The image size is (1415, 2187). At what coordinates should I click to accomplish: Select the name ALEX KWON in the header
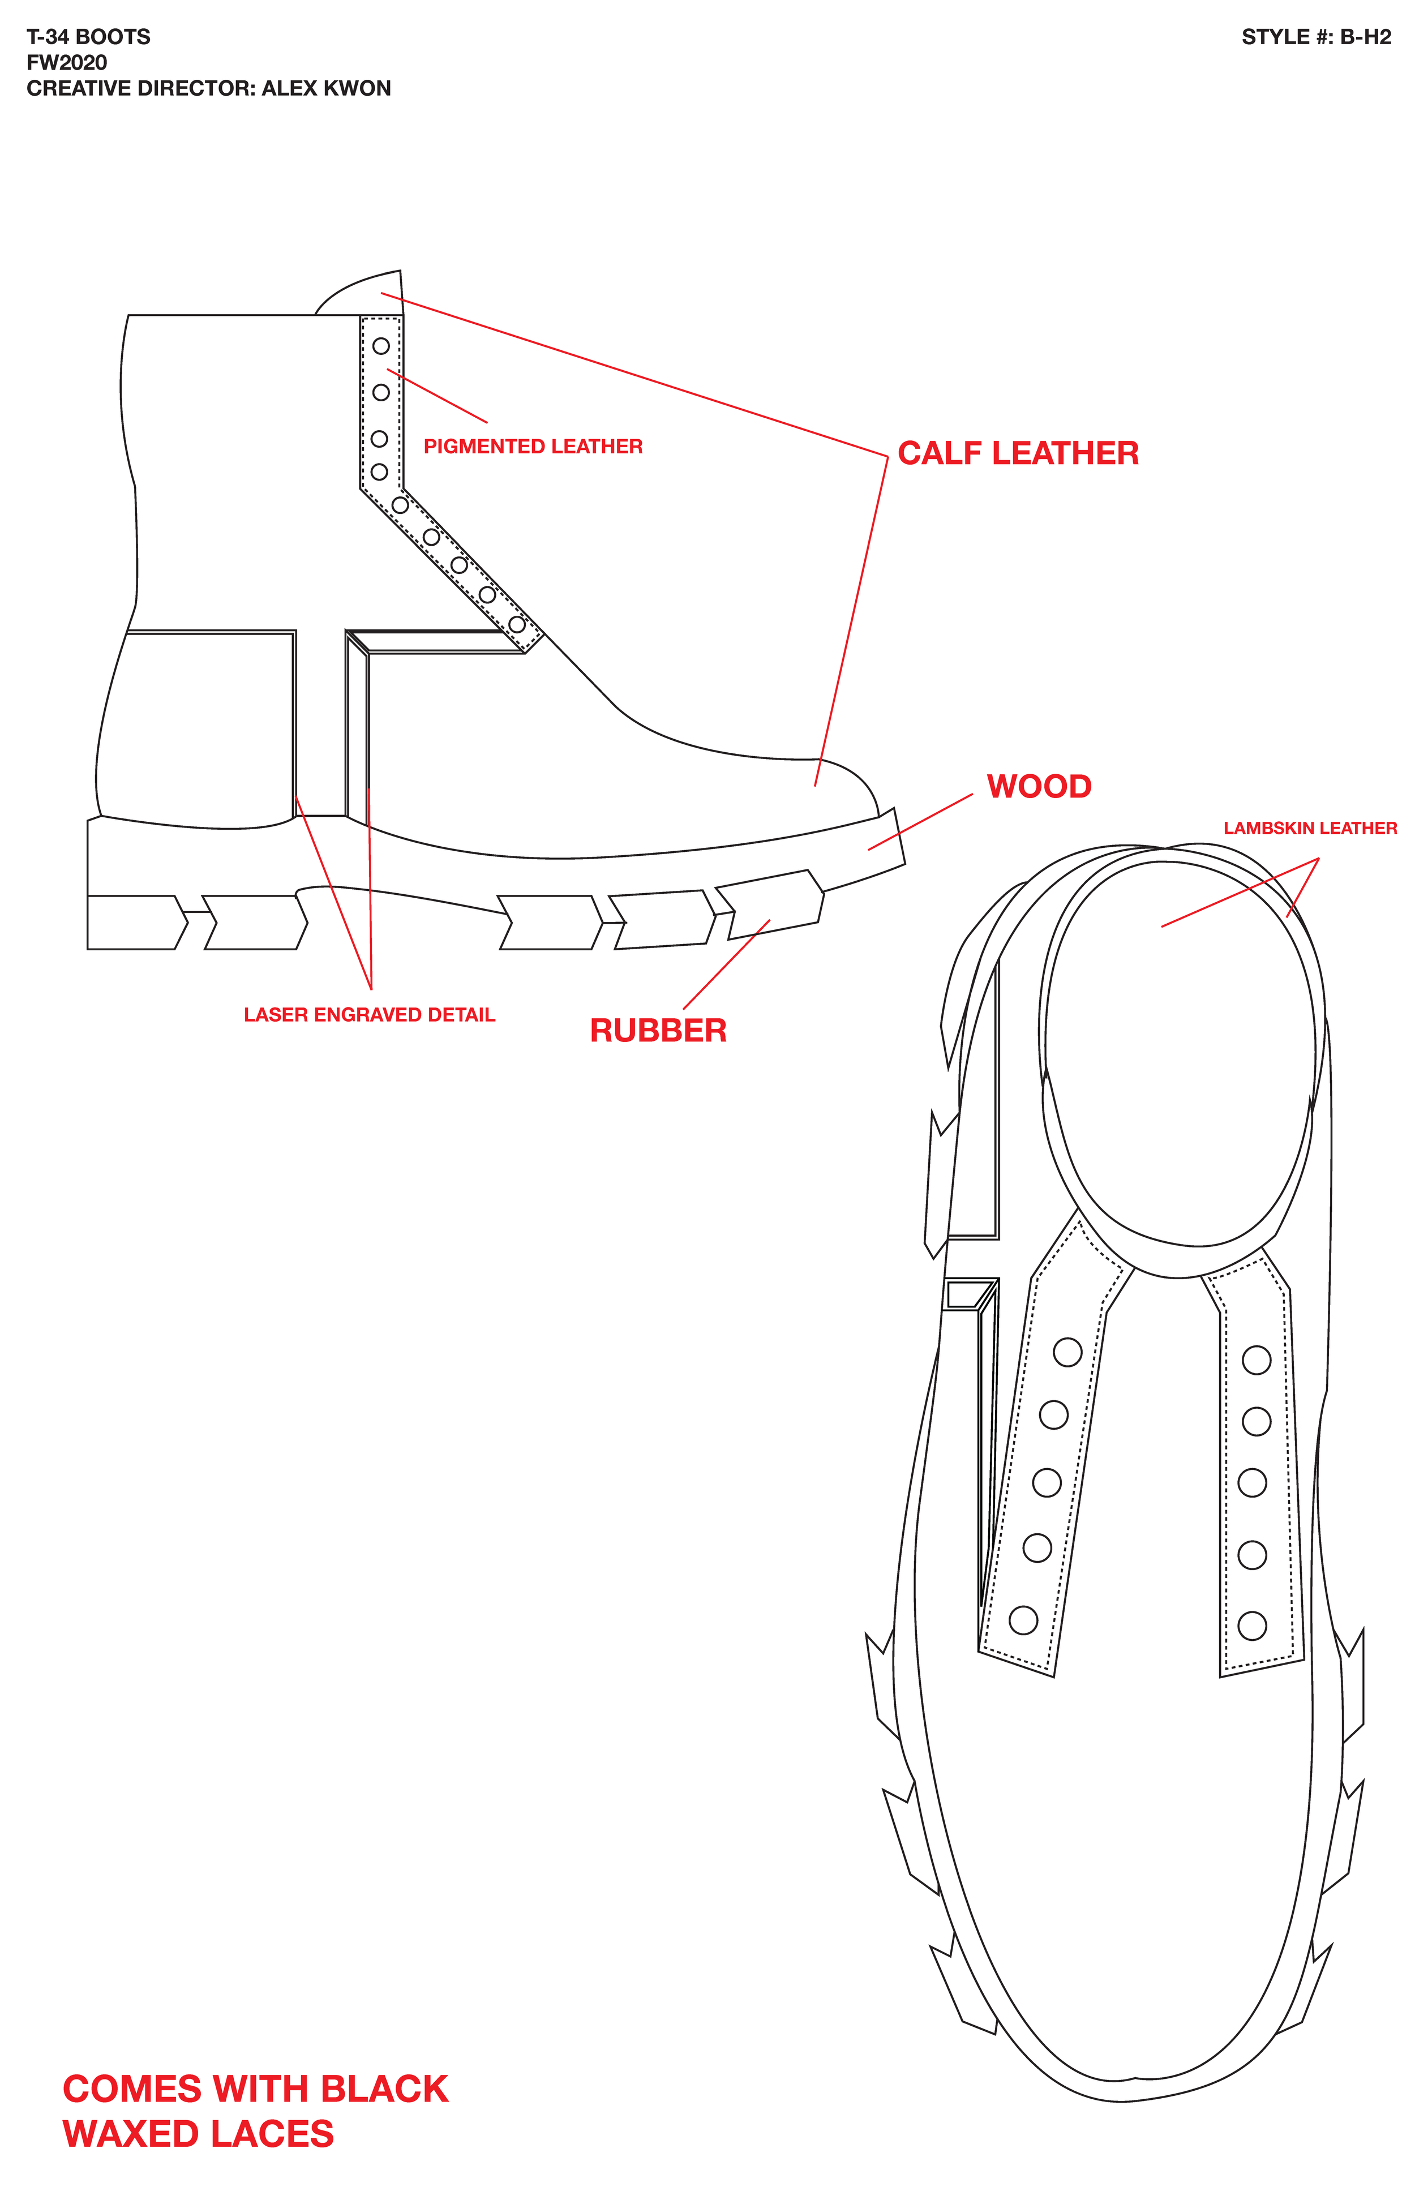(326, 88)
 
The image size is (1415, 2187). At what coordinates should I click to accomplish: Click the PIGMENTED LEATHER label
(533, 447)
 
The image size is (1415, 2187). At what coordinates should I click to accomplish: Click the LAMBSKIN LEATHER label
(1309, 828)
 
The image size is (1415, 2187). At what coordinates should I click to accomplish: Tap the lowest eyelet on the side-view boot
(517, 625)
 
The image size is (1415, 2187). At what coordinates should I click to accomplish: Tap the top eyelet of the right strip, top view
(1256, 1360)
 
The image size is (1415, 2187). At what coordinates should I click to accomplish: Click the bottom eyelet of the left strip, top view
(1023, 1620)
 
